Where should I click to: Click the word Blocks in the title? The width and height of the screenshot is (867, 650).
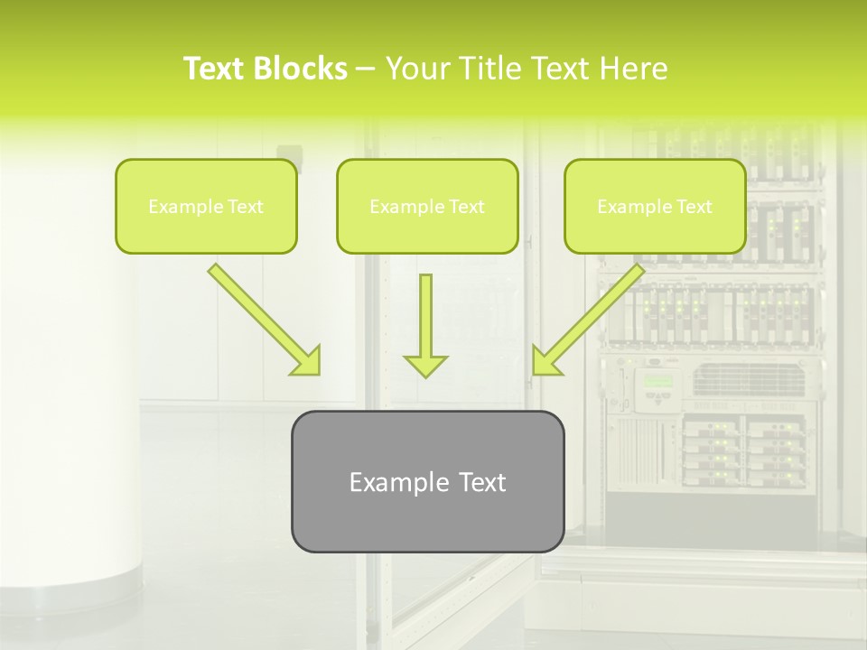pos(302,69)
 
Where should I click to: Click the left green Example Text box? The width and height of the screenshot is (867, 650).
pos(206,207)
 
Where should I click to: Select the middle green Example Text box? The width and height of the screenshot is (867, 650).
pos(427,207)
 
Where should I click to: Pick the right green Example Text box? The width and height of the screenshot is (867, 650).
pos(655,207)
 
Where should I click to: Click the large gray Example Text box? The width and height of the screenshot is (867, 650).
pos(427,482)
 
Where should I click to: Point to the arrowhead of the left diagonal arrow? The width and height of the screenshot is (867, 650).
pos(307,361)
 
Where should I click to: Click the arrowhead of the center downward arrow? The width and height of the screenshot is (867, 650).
pos(425,366)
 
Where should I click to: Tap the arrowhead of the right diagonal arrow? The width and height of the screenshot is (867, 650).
pos(545,361)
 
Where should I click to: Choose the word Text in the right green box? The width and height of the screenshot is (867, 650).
pos(695,207)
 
